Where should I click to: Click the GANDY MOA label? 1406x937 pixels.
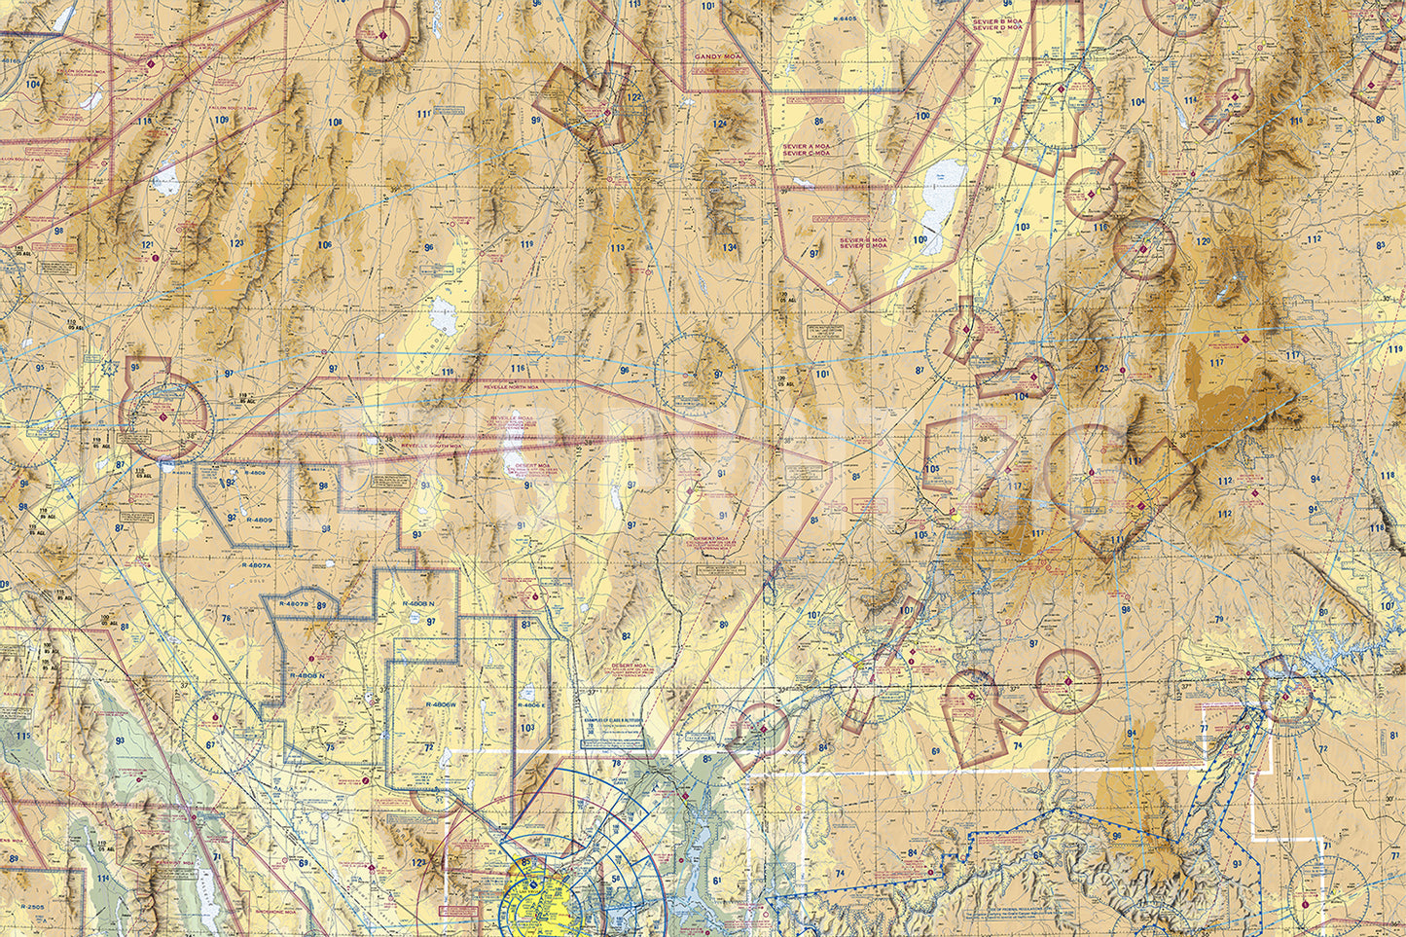click(717, 57)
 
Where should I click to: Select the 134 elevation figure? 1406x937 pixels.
click(730, 247)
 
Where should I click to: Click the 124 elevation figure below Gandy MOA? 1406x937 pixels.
click(720, 125)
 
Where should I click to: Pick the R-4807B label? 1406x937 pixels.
click(293, 604)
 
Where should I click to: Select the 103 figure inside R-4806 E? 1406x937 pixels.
click(527, 728)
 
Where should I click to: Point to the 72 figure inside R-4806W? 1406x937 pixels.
click(429, 747)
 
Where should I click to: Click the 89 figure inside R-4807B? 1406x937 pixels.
click(321, 606)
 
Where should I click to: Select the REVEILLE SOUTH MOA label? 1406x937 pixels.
click(428, 446)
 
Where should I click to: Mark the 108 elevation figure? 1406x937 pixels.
click(336, 123)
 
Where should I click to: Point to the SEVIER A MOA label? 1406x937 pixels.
click(806, 146)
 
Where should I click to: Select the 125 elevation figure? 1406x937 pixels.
click(1101, 369)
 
